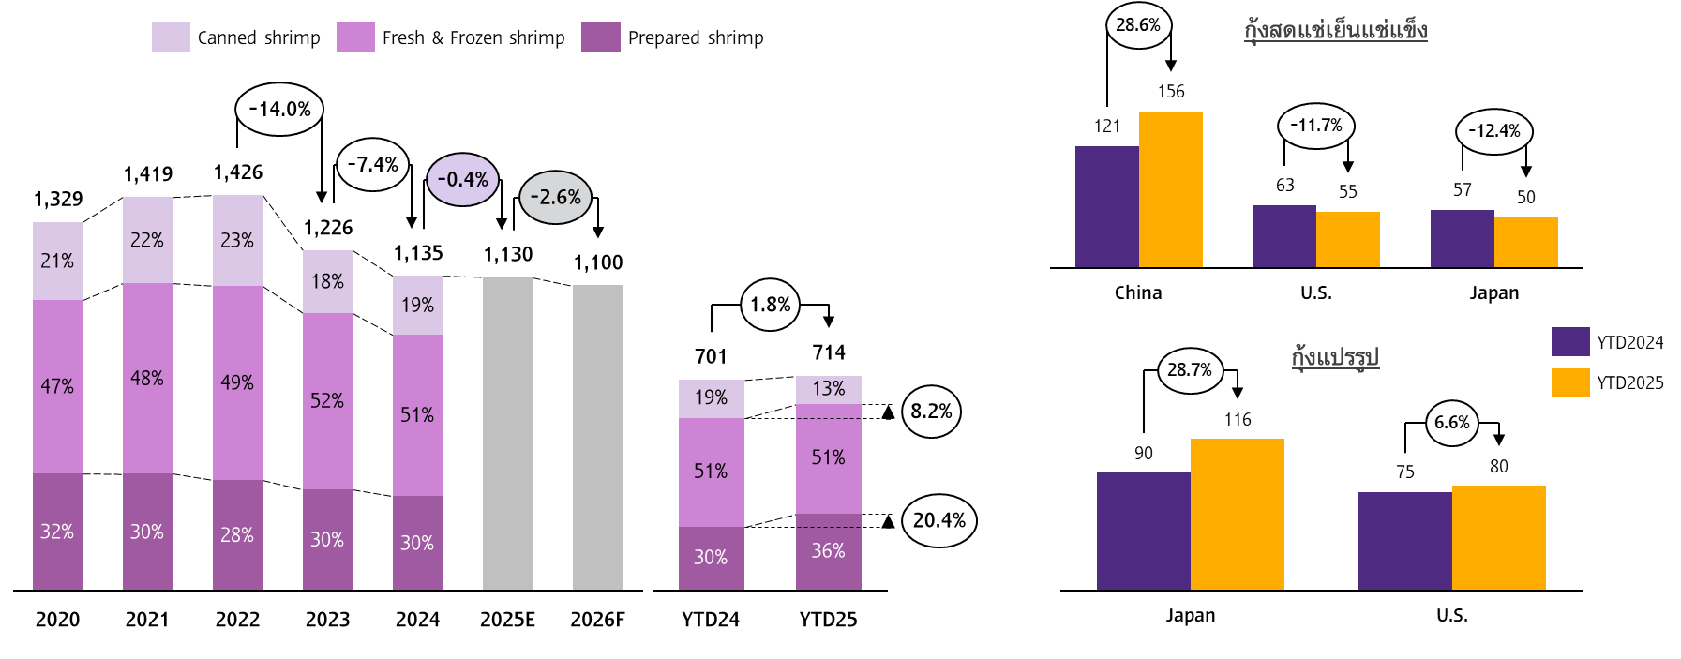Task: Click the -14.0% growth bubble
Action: pyautogui.click(x=279, y=110)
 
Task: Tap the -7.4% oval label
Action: pyautogui.click(x=372, y=165)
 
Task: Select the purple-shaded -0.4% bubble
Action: pyautogui.click(x=462, y=180)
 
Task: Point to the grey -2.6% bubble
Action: pyautogui.click(x=555, y=198)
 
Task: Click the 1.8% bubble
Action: pyautogui.click(x=770, y=305)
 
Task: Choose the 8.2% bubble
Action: pyautogui.click(x=931, y=412)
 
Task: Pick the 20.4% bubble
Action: pyautogui.click(x=938, y=520)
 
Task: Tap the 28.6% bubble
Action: pyautogui.click(x=1138, y=25)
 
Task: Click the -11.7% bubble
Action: pyautogui.click(x=1315, y=126)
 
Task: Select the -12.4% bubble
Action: pyautogui.click(x=1493, y=131)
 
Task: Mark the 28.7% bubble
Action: pyautogui.click(x=1190, y=370)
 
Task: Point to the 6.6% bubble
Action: pyautogui.click(x=1452, y=423)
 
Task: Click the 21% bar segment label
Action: pyautogui.click(x=57, y=262)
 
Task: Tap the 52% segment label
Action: pyautogui.click(x=327, y=401)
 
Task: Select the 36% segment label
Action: pyautogui.click(x=828, y=551)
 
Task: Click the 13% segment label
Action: pyautogui.click(x=828, y=389)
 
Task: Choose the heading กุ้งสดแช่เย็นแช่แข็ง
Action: pyautogui.click(x=1335, y=31)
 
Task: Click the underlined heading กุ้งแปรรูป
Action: pyautogui.click(x=1335, y=357)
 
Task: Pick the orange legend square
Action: pyautogui.click(x=1570, y=382)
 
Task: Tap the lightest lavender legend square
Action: pyautogui.click(x=171, y=37)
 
